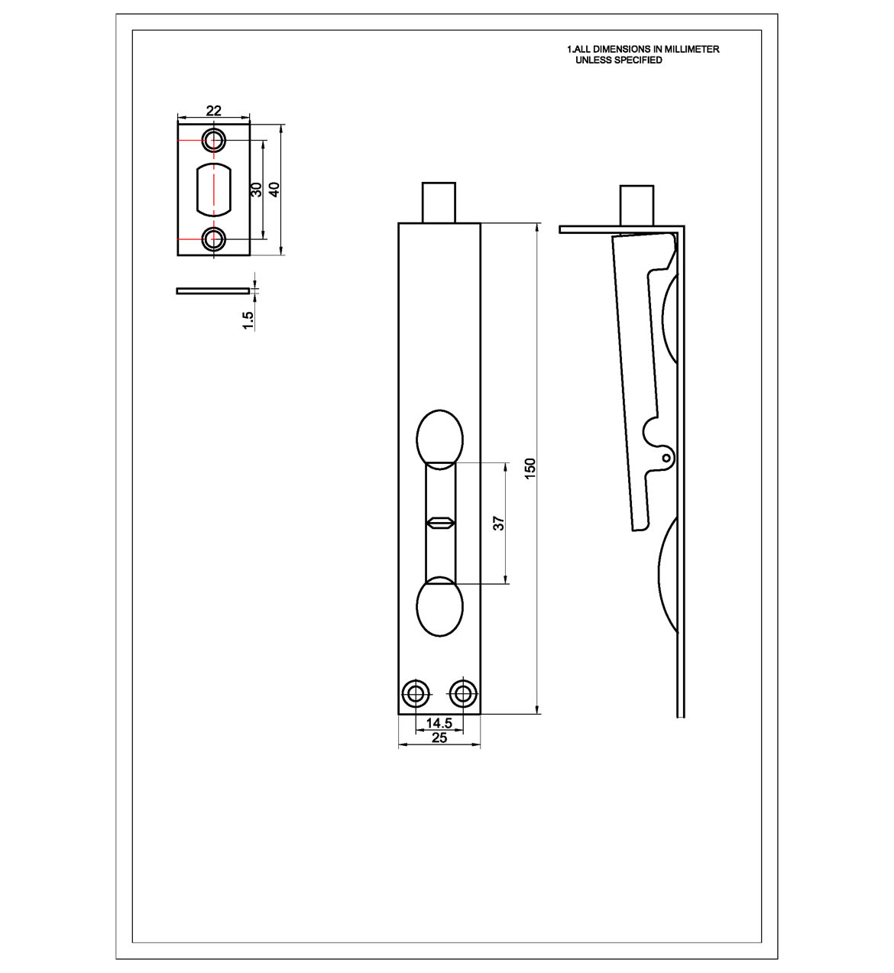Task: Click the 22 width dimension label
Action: pos(213,111)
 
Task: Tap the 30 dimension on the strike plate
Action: pos(258,189)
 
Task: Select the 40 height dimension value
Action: pos(275,188)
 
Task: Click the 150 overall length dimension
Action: pos(530,469)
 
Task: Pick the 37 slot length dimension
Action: pos(499,524)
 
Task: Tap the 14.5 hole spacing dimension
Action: pos(439,722)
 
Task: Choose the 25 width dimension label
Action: pos(439,738)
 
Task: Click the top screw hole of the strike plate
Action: pos(214,140)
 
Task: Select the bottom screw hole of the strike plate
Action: pos(214,239)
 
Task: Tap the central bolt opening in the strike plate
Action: pos(214,189)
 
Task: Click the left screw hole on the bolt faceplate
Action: pos(416,694)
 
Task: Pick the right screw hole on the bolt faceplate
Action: pos(462,694)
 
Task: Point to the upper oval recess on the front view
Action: pos(439,439)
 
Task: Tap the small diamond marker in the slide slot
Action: pos(440,524)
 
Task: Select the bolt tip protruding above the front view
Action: pos(439,201)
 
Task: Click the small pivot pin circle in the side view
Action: pos(666,458)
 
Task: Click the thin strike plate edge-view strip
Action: pos(213,290)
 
